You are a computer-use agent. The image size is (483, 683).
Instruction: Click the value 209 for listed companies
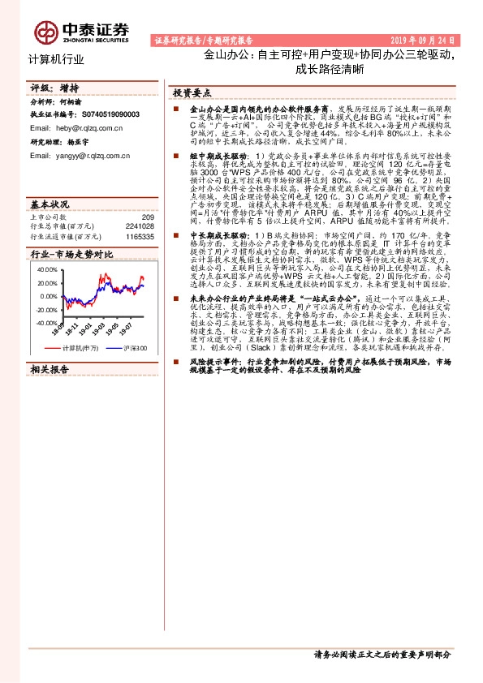click(x=147, y=217)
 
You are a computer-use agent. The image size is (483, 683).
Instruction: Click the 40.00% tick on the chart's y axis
click(x=47, y=269)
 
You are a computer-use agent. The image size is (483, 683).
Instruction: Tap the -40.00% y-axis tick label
click(x=46, y=323)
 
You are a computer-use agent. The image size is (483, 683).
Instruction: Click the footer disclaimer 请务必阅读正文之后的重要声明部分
click(x=382, y=654)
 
